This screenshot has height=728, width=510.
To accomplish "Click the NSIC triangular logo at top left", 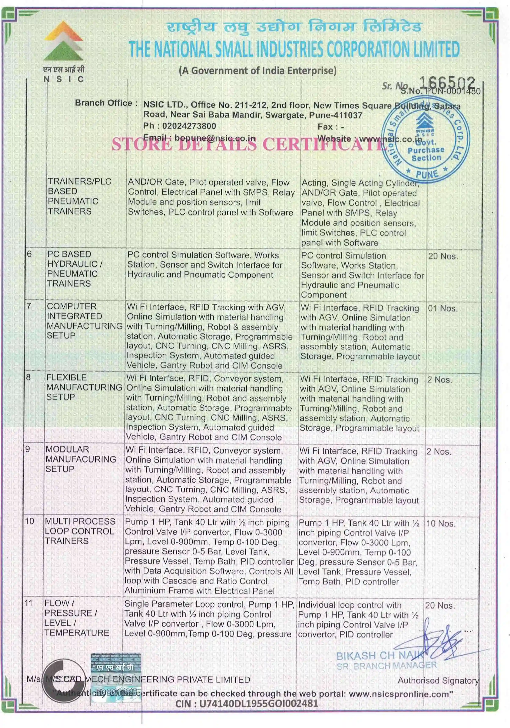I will click(63, 41).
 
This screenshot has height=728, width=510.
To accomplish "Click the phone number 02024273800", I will click(189, 126).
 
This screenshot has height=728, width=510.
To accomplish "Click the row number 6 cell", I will click(29, 254).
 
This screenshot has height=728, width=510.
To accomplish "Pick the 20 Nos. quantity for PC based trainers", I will click(443, 256).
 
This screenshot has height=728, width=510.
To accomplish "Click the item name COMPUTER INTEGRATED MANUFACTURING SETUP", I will click(84, 321).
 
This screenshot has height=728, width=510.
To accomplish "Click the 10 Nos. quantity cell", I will click(441, 523).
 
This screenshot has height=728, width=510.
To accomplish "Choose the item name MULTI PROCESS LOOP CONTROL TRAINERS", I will click(80, 531).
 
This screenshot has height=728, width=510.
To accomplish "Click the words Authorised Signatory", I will click(438, 681).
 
